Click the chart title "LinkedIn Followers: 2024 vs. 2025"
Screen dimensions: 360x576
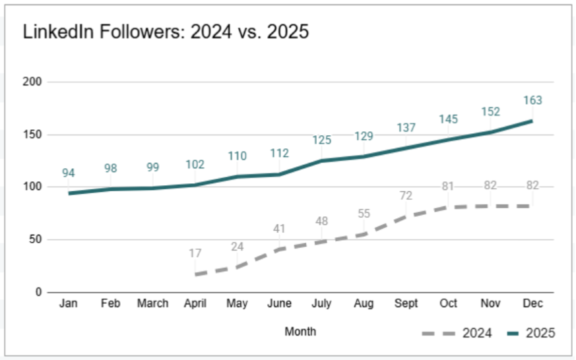click(166, 32)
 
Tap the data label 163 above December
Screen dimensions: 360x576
click(532, 100)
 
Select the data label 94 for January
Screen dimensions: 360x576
click(69, 173)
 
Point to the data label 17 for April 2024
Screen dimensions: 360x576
click(195, 253)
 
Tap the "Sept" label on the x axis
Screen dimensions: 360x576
click(406, 303)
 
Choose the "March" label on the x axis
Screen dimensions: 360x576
click(152, 303)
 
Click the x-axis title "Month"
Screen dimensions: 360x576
click(300, 331)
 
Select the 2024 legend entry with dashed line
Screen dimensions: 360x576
click(457, 333)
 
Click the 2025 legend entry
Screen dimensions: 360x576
click(530, 333)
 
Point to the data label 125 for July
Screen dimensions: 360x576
click(322, 140)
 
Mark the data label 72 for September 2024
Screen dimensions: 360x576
click(406, 196)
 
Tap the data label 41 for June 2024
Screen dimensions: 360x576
click(279, 229)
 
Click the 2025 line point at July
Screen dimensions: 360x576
click(322, 161)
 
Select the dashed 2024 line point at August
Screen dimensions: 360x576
click(364, 234)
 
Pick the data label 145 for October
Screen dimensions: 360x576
click(449, 119)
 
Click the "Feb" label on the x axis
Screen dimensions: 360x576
click(110, 303)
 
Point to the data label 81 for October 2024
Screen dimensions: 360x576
click(449, 187)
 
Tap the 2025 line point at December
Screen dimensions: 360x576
click(532, 121)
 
